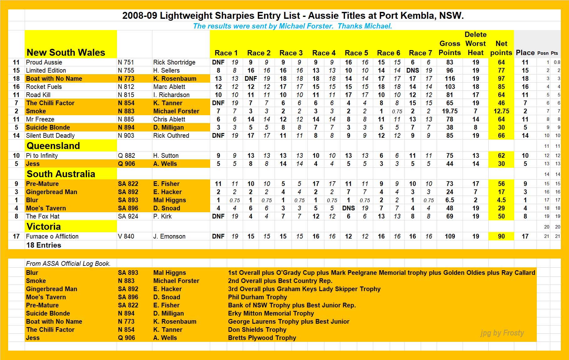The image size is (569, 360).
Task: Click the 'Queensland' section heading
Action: (53, 146)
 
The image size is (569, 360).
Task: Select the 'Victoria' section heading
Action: (43, 227)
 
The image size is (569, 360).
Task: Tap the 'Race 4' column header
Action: (324, 53)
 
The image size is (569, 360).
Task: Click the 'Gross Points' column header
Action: (450, 48)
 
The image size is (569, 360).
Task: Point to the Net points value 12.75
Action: (501, 111)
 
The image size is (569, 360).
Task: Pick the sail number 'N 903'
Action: (126, 136)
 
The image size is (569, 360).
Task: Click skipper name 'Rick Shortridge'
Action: (174, 62)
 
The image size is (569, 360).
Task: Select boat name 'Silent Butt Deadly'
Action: (50, 136)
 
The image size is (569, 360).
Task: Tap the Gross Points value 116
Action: (450, 79)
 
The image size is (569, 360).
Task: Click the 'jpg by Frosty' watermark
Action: (502, 333)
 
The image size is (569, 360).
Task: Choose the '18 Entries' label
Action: (44, 245)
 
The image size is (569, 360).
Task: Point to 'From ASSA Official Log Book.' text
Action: (68, 264)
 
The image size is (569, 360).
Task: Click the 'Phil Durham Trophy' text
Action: (257, 297)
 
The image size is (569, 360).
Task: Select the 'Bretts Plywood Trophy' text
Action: (262, 338)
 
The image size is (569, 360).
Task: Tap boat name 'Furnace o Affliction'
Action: (52, 236)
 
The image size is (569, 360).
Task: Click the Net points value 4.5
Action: (501, 200)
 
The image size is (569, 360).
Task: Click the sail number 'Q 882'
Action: (126, 156)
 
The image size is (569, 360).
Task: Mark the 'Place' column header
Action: (525, 53)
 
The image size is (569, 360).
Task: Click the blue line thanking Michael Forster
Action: (292, 26)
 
